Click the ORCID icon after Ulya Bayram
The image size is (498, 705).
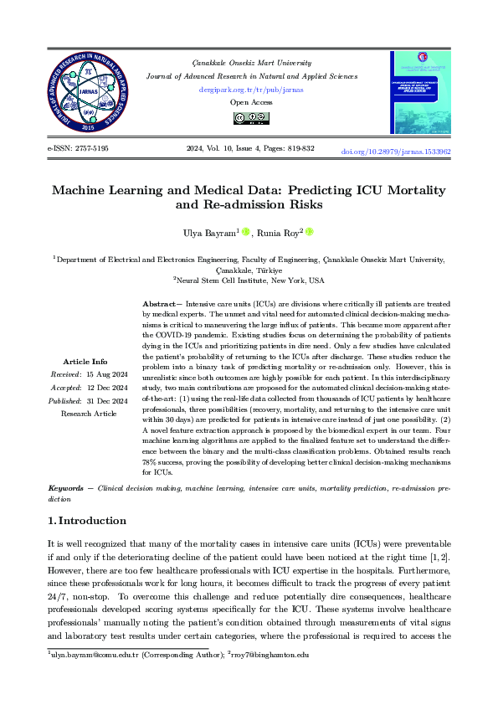coord(246,232)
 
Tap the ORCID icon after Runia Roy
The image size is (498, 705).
coord(309,232)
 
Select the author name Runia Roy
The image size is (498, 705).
coord(280,233)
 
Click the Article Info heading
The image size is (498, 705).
coord(85,385)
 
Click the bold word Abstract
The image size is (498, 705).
coord(158,302)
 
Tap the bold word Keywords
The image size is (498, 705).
coord(65,486)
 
